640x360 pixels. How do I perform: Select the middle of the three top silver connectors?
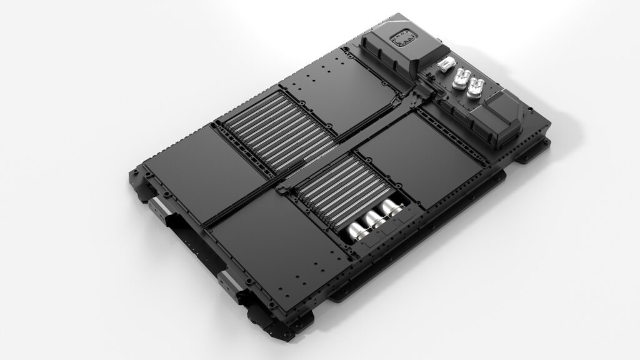(462, 78)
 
